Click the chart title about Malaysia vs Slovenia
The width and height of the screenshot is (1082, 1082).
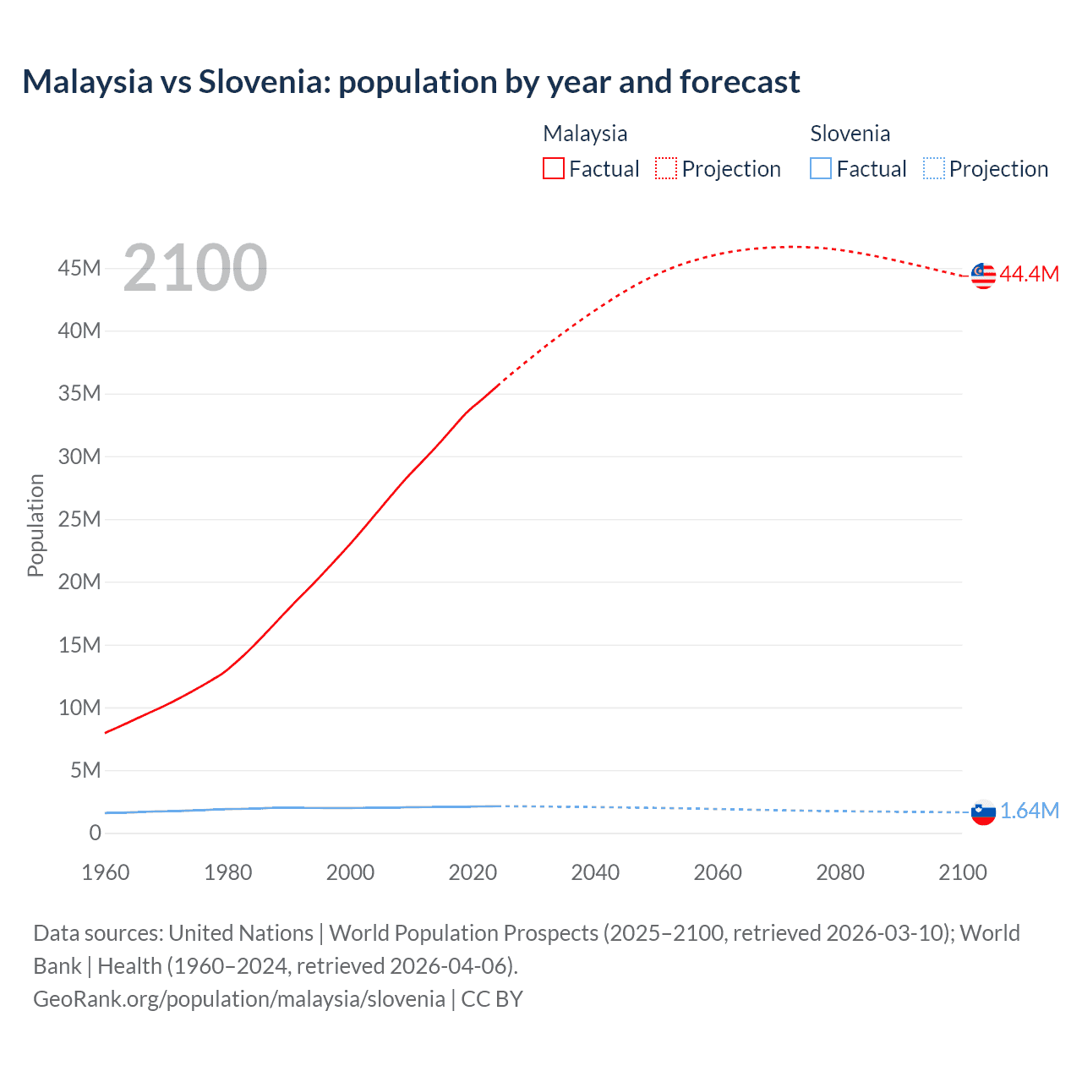coord(411,82)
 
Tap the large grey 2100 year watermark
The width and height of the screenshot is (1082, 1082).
coord(195,268)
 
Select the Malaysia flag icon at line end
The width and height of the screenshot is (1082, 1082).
coord(983,275)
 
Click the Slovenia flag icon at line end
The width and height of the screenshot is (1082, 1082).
coord(983,812)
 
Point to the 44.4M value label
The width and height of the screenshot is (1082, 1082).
coord(1029,274)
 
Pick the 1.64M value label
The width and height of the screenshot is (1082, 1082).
coord(1030,811)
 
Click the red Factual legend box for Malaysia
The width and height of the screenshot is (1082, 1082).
coord(554,169)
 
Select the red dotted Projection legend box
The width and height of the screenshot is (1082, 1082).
coord(666,169)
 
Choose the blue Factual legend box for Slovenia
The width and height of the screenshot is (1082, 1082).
coord(821,169)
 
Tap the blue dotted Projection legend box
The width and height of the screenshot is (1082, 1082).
coord(934,169)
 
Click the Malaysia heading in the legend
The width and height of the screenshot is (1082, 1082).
coord(585,134)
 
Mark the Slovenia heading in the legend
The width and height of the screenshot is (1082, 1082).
coord(850,134)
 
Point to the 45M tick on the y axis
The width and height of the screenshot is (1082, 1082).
coord(79,268)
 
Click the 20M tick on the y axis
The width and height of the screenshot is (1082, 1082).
coord(79,582)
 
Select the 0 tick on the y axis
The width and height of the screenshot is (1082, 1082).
coord(95,833)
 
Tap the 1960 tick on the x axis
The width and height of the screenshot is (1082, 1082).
coord(106,872)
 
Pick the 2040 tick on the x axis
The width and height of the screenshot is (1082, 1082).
coord(595,872)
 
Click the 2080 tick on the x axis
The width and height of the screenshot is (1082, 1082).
coord(840,872)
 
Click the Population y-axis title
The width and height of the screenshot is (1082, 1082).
coord(36,525)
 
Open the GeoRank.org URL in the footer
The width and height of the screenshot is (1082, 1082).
coord(239,999)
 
